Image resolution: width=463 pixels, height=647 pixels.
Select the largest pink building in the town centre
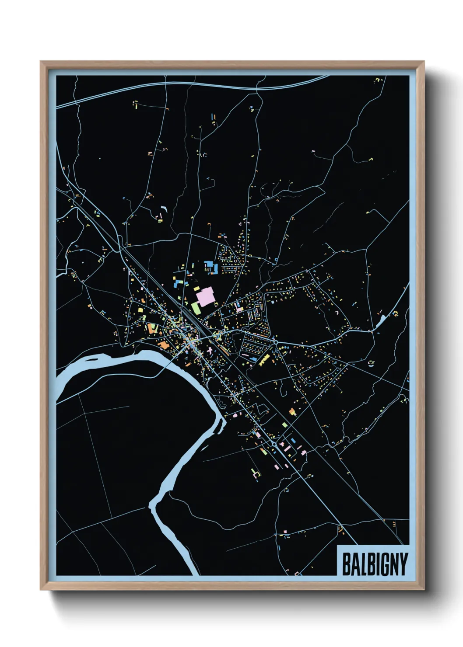pos(204,297)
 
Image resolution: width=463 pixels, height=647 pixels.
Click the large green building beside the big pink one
pos(195,308)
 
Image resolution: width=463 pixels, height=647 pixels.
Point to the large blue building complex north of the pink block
pos(210,266)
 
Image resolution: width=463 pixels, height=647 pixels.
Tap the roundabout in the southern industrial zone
pos(274,444)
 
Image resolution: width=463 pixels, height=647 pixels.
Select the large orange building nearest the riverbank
pos(163,345)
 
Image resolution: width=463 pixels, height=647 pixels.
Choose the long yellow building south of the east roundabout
pos(264,359)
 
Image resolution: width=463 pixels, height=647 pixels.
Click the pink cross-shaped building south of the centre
pos(210,351)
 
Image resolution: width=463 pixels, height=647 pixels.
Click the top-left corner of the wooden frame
pos(41,62)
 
